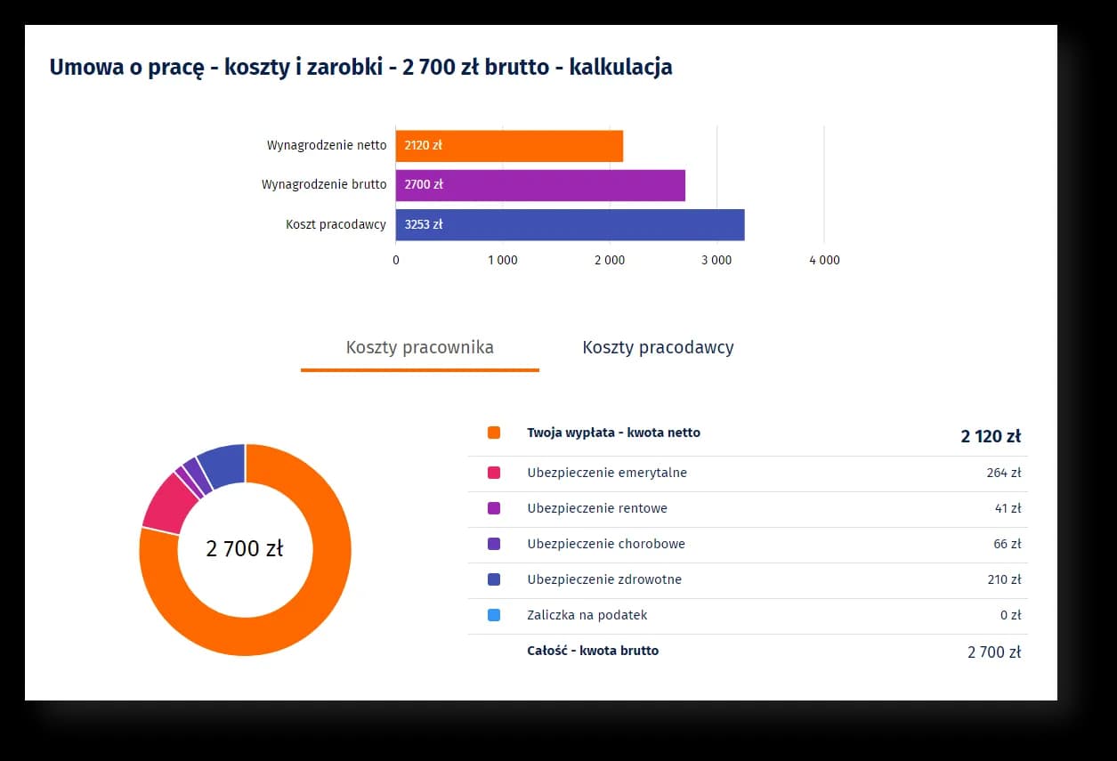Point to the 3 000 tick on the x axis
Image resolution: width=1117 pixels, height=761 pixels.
click(x=716, y=261)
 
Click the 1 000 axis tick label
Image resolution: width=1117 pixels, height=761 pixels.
click(x=502, y=261)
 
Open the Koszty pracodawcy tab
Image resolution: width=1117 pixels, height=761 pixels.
click(x=658, y=348)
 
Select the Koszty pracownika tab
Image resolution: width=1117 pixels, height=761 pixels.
click(x=420, y=348)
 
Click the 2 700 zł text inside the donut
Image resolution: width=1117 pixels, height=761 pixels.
click(x=245, y=549)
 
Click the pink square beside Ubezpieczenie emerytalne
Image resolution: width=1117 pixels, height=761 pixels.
click(x=494, y=473)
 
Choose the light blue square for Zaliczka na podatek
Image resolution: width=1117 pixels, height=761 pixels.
click(x=494, y=615)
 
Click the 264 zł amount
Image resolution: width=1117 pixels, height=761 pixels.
click(x=1003, y=473)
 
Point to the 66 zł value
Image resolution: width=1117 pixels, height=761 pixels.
click(x=1007, y=544)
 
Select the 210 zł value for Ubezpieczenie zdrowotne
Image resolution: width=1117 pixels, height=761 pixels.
click(x=1003, y=579)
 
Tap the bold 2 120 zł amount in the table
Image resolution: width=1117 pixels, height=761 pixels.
click(x=990, y=436)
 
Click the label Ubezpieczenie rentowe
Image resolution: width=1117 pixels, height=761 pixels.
click(x=596, y=508)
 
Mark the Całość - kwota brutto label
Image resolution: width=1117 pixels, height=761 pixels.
click(x=593, y=651)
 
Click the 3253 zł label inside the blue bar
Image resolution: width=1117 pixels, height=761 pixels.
click(x=424, y=225)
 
